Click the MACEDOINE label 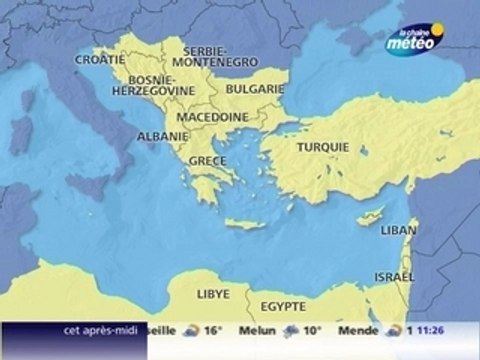click(213, 116)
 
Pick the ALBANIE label click(161, 136)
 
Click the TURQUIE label click(323, 146)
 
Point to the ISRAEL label click(392, 275)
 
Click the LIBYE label click(214, 294)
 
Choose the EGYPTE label click(282, 305)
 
